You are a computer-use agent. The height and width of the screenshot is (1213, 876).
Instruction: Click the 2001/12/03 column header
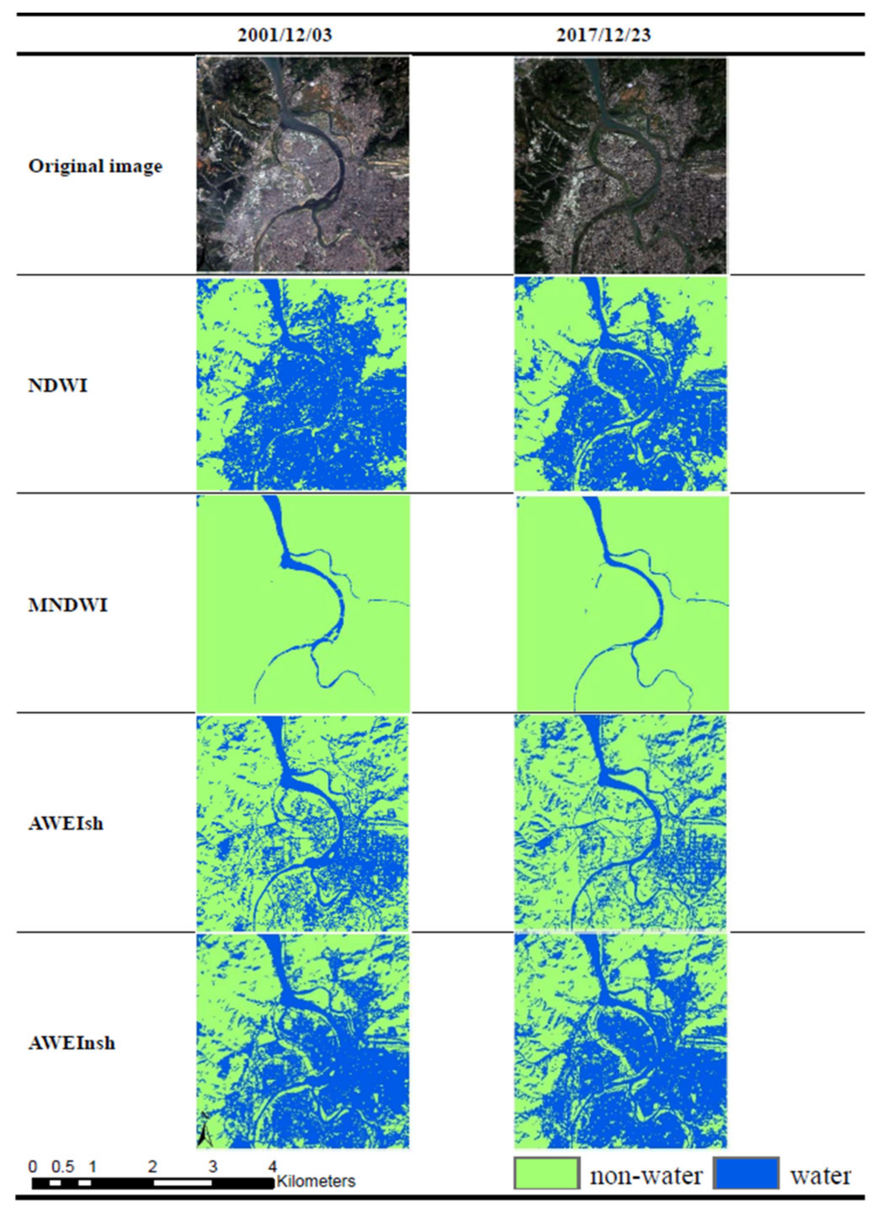point(285,35)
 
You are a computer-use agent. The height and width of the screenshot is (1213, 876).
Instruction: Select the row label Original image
point(95,166)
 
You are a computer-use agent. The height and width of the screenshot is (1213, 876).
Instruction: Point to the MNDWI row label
point(67,605)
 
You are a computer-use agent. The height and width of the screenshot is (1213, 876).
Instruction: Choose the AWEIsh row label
point(65,823)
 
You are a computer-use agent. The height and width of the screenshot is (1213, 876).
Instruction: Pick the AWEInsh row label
point(71,1043)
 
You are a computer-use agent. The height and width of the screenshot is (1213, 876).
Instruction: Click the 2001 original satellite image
point(303,164)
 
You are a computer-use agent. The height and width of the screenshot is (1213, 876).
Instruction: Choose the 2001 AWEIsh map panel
point(303,823)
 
